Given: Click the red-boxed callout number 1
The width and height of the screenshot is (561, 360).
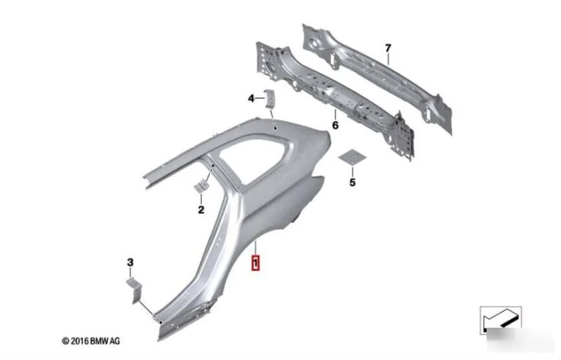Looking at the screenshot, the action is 255,262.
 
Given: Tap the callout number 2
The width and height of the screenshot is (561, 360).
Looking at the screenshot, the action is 201,210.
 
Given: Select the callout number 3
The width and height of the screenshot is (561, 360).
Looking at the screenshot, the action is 130,262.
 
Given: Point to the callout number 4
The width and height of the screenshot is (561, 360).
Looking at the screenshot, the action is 251,98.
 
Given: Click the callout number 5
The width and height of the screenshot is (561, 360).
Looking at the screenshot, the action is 353,182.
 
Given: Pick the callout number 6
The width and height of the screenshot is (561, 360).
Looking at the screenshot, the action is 335,126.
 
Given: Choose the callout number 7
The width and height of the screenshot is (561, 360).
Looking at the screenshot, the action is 388,48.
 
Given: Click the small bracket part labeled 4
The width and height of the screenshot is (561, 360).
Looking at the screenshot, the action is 269,98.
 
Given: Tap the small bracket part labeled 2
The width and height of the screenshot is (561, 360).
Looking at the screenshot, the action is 201,186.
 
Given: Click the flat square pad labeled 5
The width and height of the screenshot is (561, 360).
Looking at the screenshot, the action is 353,156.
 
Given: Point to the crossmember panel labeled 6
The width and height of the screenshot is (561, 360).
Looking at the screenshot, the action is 334,100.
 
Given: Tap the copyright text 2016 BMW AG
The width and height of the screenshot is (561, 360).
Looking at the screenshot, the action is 91,341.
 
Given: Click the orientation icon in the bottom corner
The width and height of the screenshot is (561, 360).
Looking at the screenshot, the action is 501,320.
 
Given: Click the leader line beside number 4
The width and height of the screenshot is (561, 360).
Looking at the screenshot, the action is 259,98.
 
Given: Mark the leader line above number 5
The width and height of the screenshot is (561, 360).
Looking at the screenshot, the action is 353,171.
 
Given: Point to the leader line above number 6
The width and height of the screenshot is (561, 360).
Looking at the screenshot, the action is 335,114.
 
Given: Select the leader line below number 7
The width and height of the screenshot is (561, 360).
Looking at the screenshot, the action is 388,59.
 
